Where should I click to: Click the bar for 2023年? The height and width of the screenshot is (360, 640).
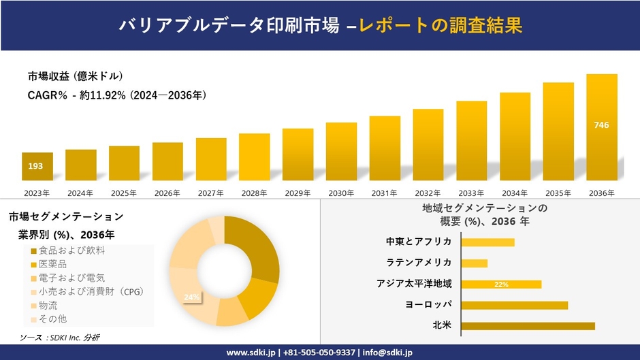[x=37, y=167]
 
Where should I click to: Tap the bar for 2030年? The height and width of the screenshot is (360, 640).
[x=341, y=151]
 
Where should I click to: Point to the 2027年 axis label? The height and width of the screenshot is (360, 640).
[x=210, y=193]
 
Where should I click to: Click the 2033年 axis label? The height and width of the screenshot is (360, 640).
[x=471, y=193]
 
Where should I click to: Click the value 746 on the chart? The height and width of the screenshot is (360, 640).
[x=601, y=125]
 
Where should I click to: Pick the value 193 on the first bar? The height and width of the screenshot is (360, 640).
[x=35, y=166]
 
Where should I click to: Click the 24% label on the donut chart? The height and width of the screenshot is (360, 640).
[x=191, y=297]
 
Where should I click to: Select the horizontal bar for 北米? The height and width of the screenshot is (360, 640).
[x=528, y=326]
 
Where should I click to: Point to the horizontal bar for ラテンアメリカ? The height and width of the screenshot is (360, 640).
[x=475, y=263]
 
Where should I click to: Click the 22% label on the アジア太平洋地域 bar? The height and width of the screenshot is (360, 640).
[x=502, y=284]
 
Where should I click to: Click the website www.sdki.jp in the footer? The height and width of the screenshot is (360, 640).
[x=250, y=353]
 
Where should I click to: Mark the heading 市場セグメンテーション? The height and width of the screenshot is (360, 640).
[x=66, y=216]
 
